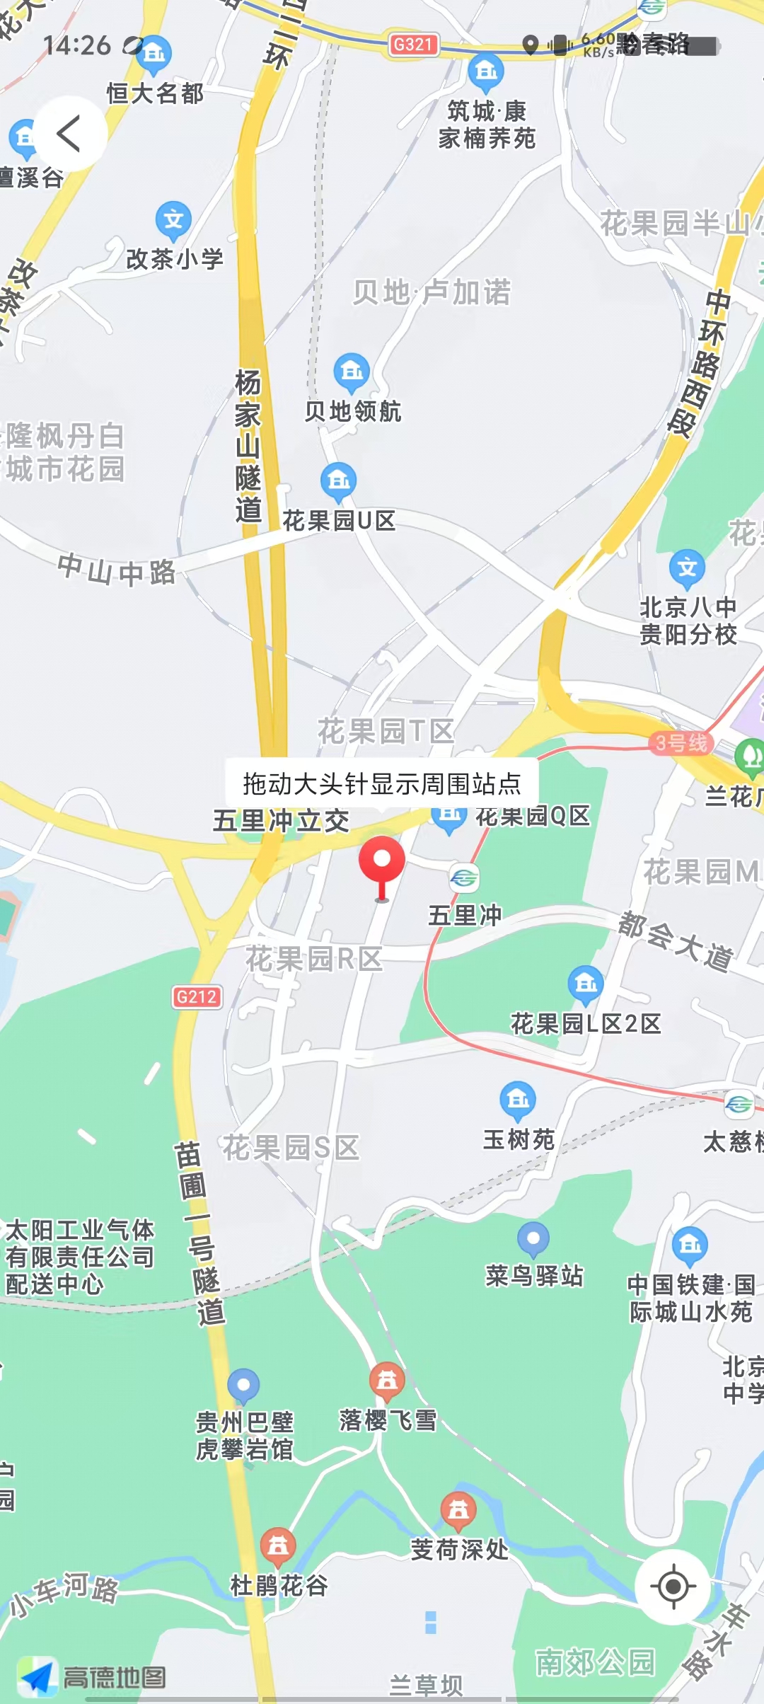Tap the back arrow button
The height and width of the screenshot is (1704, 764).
pos(69,134)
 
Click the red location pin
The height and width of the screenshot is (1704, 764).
pos(382,860)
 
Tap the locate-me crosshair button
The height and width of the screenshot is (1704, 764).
pos(673,1587)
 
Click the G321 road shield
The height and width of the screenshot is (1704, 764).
pos(413,45)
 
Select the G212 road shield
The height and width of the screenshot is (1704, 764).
pos(197,997)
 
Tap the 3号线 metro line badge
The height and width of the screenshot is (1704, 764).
pos(681,743)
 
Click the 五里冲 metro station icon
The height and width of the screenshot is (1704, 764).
pos(464,879)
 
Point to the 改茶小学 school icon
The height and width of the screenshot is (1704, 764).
pos(173,220)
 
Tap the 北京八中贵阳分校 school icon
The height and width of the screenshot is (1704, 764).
pos(687,568)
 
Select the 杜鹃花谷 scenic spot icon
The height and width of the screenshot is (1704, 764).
pos(278,1546)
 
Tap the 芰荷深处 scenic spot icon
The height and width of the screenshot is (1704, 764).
pos(458,1510)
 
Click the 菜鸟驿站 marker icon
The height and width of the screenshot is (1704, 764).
pos(533,1238)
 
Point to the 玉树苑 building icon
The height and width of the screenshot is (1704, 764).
pos(518,1099)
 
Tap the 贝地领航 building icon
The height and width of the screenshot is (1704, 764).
pos(352,371)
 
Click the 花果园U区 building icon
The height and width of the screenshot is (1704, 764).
pos(338,480)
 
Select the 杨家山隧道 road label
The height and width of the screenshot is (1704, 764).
pos(248,446)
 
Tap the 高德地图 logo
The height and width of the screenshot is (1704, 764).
pos(92,1676)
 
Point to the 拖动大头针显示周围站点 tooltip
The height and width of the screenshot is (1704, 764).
pos(382,784)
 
